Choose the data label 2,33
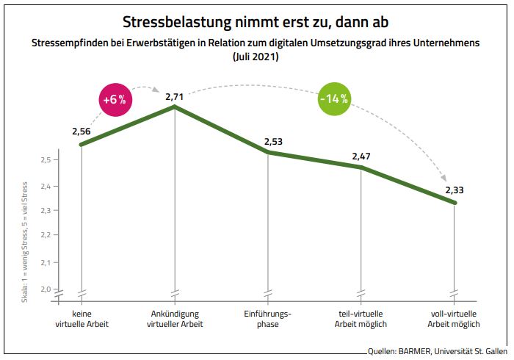(x=454, y=190)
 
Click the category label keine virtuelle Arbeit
(x=82, y=320)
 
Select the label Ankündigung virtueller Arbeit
(x=174, y=320)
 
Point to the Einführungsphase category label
(x=268, y=320)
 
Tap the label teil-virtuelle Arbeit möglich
(x=361, y=320)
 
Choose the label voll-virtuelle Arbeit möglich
(x=455, y=320)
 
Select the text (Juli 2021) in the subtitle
(x=256, y=56)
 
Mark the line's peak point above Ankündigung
(x=174, y=107)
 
